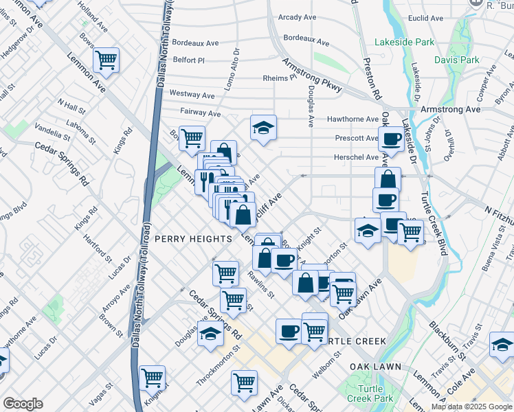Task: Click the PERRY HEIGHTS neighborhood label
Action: [193, 238]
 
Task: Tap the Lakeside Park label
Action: [404, 43]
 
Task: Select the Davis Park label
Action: [457, 60]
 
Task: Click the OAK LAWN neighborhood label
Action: [375, 367]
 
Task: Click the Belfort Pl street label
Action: [189, 60]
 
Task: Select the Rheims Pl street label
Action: [279, 78]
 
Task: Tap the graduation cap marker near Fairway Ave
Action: [262, 128]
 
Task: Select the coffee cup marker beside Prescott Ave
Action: [392, 139]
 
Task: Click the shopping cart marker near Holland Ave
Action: [107, 60]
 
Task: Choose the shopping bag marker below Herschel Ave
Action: [388, 180]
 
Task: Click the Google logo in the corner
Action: [23, 404]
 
